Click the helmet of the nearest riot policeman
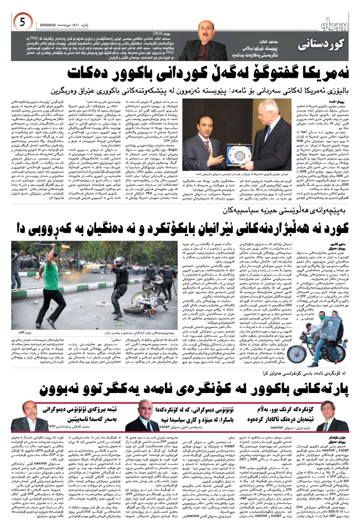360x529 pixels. pyautogui.click(x=120, y=261)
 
